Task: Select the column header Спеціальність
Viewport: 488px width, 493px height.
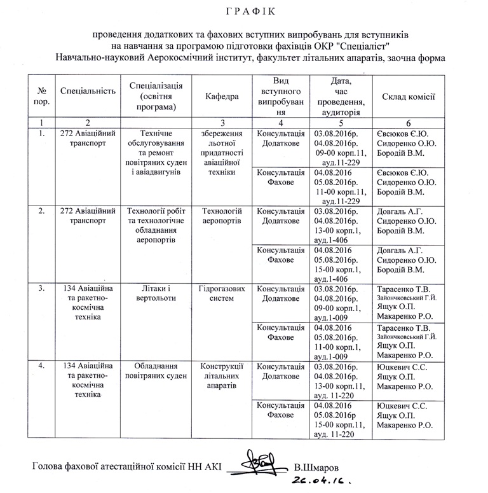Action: [x=87, y=91]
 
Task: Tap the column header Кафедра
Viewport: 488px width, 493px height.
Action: [x=222, y=97]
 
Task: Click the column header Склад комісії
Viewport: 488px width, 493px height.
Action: [x=408, y=96]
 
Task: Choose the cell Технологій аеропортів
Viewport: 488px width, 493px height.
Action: [x=222, y=215]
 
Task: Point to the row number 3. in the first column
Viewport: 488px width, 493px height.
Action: [x=41, y=288]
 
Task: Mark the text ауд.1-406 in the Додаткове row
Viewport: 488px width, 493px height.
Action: [x=334, y=240]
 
